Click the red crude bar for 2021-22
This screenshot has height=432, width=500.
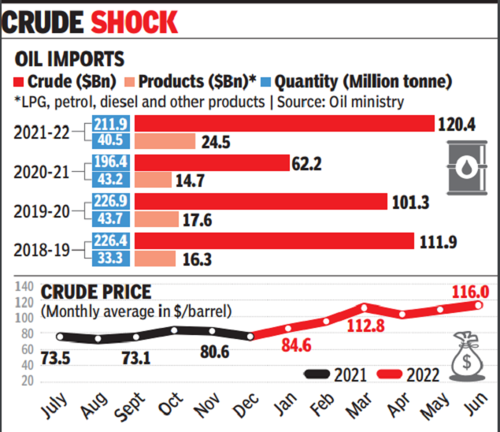[x=284, y=124]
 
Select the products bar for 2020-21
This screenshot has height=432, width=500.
[x=153, y=181]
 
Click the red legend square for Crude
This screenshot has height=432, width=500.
[x=21, y=82]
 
